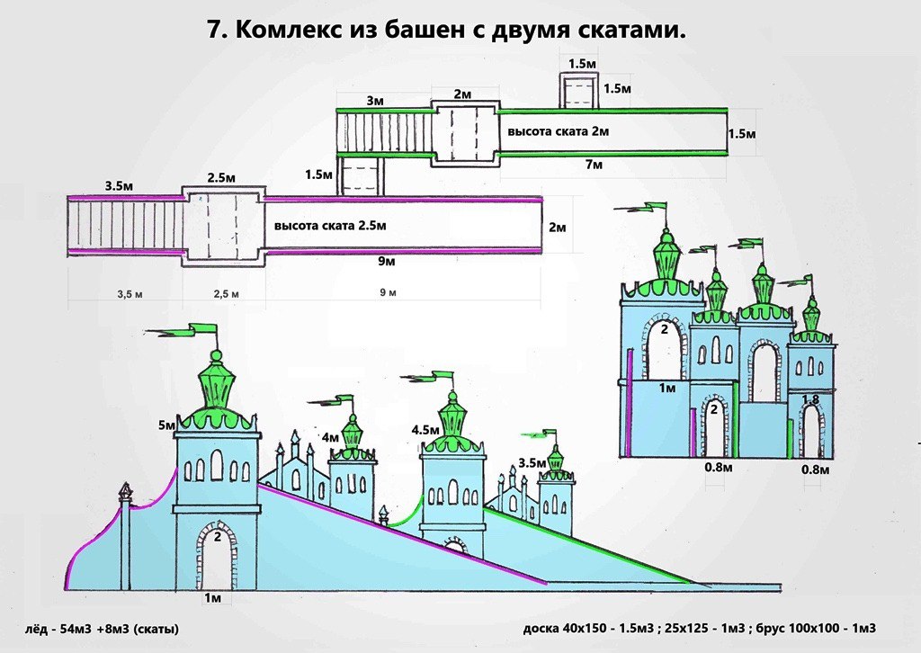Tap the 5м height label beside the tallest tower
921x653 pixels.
pos(167,425)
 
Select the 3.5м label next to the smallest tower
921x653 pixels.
pos(532,464)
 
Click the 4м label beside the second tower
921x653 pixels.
pos(331,437)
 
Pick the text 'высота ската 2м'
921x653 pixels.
pos(559,132)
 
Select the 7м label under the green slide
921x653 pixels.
pos(594,165)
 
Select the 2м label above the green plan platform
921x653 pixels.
pos(462,94)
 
